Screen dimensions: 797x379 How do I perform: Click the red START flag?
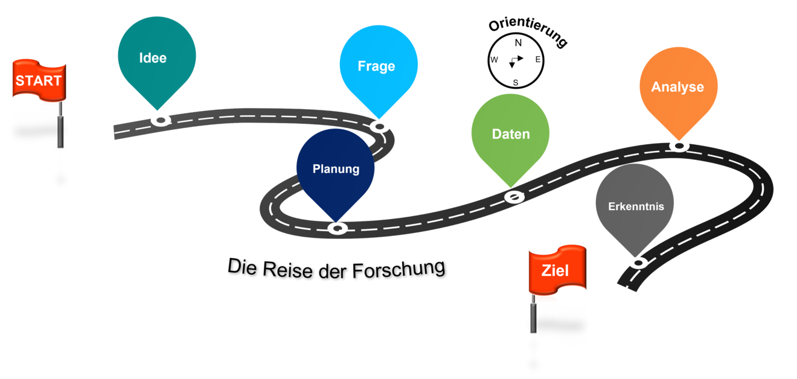coord(39,80)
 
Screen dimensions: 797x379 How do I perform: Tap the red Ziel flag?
coord(557,270)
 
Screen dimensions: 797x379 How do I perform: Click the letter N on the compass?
coord(518,43)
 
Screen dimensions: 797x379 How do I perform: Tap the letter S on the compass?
coord(516,83)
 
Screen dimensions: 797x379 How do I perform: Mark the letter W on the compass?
coord(495,60)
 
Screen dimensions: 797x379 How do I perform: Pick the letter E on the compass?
coord(538,59)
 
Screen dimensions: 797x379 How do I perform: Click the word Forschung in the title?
coord(398,269)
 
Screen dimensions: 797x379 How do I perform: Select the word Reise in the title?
coord(287,269)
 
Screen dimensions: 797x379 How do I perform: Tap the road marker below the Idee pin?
coord(161,121)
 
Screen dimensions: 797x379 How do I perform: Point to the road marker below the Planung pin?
coord(338,228)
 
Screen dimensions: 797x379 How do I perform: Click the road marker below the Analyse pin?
coord(679,146)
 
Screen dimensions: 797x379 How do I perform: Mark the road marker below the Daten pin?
coord(514,197)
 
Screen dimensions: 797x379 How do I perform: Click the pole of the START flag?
coord(61,124)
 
